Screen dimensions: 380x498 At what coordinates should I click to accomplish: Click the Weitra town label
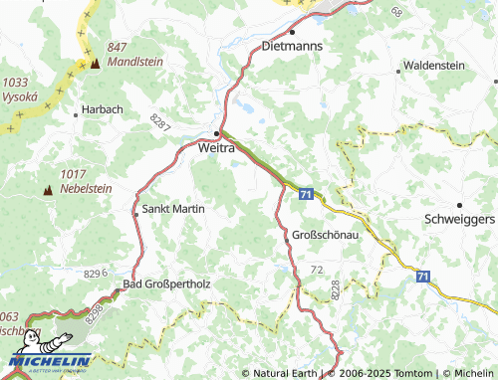[218, 148]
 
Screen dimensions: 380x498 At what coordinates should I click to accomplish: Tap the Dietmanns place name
[291, 46]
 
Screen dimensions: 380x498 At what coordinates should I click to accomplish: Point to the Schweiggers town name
[459, 218]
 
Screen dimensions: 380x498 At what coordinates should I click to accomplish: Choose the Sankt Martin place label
[173, 209]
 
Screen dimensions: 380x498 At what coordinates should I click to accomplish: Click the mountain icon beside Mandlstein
[95, 64]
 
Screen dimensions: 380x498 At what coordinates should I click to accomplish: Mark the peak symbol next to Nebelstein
[46, 190]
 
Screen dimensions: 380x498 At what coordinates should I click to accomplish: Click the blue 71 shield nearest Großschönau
[305, 196]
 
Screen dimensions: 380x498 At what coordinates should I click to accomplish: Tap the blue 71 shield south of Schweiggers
[423, 276]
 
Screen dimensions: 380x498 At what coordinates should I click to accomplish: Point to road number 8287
[160, 123]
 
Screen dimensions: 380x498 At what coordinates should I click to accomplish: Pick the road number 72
[317, 271]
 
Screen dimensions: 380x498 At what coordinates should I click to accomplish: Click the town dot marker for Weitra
[216, 132]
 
